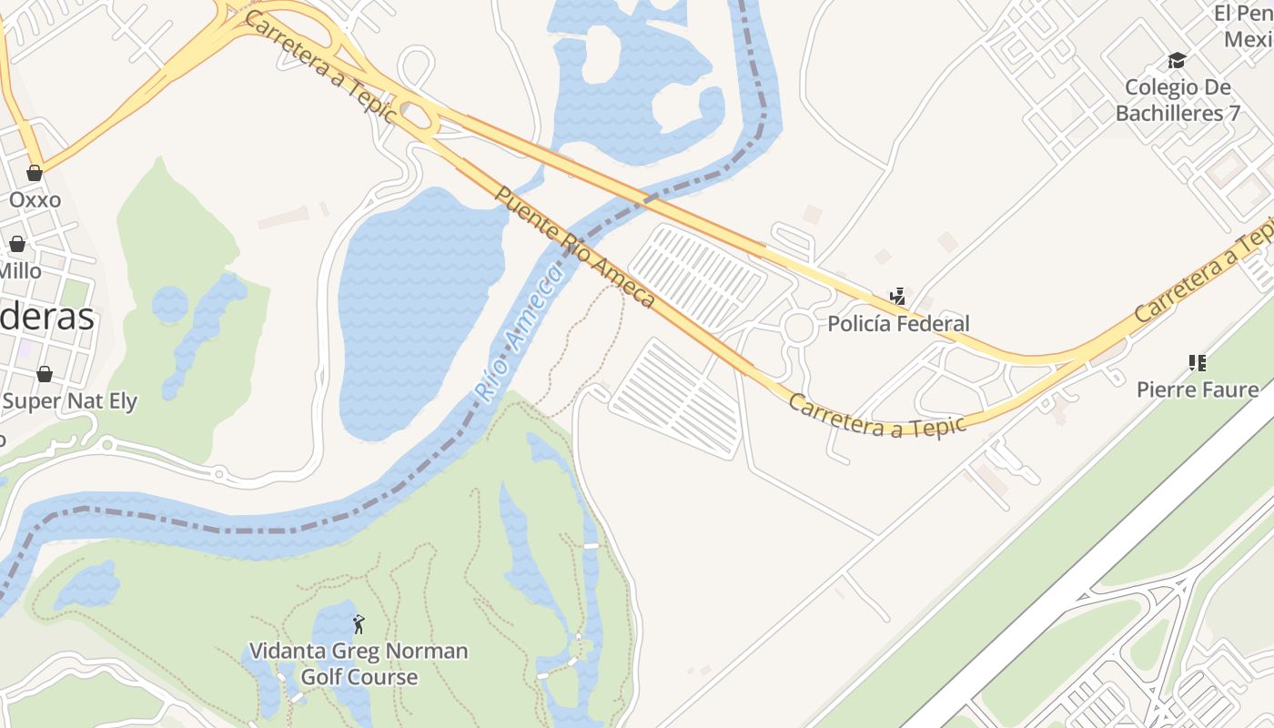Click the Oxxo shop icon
click(35, 173)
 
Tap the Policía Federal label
click(898, 323)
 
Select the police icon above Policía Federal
click(898, 296)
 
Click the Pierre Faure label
click(1198, 390)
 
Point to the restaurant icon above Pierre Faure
click(1198, 363)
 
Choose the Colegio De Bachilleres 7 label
click(1178, 100)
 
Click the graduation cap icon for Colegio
click(1178, 61)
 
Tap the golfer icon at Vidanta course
click(359, 624)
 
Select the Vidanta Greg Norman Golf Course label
click(359, 664)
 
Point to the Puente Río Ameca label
click(575, 247)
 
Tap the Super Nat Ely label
click(69, 401)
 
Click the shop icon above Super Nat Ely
click(44, 374)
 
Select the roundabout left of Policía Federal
click(799, 328)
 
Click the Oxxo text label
click(35, 199)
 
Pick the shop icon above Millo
click(17, 244)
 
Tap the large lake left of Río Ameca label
click(414, 309)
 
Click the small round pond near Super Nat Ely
click(170, 304)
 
